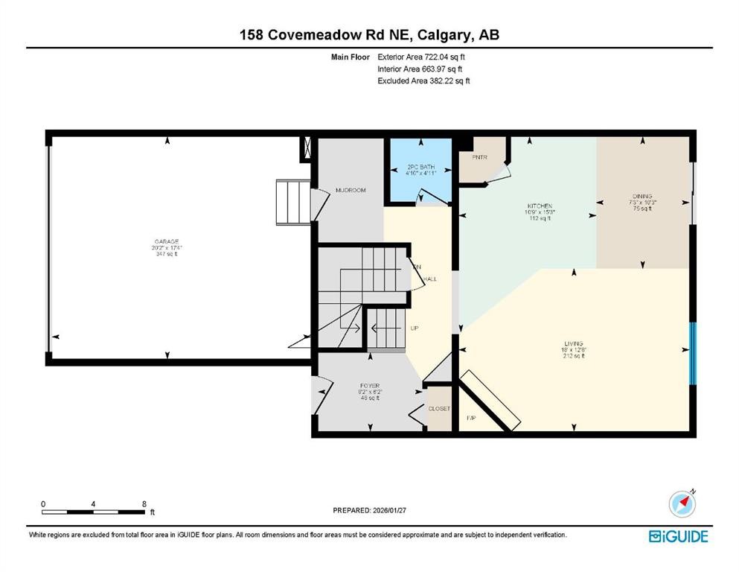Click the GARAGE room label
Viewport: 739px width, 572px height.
pyautogui.click(x=167, y=242)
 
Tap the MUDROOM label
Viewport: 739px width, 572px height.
pyautogui.click(x=350, y=191)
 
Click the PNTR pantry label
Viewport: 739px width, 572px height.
pyautogui.click(x=479, y=157)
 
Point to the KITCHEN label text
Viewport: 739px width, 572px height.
pyautogui.click(x=540, y=206)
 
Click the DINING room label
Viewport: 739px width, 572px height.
pyautogui.click(x=642, y=197)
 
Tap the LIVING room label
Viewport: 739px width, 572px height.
pyautogui.click(x=573, y=343)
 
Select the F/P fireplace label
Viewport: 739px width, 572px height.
pyautogui.click(x=471, y=419)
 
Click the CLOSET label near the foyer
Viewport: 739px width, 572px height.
pyautogui.click(x=439, y=409)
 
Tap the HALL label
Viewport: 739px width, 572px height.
pyautogui.click(x=430, y=279)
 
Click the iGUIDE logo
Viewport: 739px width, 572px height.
pyautogui.click(x=678, y=536)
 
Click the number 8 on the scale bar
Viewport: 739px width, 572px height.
pyautogui.click(x=144, y=504)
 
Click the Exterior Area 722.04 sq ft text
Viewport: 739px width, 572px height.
pyautogui.click(x=422, y=57)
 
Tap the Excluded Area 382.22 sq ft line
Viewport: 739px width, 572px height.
pyautogui.click(x=423, y=80)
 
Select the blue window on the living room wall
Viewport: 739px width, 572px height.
pyautogui.click(x=692, y=354)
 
